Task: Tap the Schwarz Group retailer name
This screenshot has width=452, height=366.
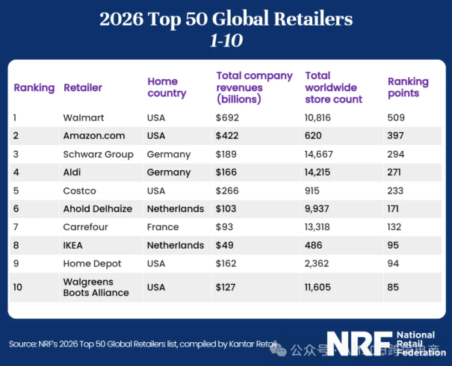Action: click(x=98, y=154)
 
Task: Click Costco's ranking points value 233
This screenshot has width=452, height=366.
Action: click(x=397, y=190)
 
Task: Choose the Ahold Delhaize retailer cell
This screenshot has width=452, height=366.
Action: click(x=97, y=208)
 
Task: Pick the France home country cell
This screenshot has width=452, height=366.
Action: click(x=163, y=227)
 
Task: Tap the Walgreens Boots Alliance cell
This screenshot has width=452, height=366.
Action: click(x=96, y=287)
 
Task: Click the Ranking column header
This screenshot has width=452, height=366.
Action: click(x=34, y=87)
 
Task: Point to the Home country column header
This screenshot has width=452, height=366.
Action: click(x=167, y=87)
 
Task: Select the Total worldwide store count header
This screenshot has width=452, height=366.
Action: click(x=333, y=87)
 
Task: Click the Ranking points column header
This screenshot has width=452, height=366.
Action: click(x=408, y=87)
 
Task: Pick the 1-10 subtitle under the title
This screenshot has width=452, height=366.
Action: click(x=226, y=40)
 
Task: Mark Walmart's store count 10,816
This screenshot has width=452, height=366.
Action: click(x=323, y=117)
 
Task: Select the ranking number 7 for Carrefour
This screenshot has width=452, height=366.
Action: click(x=16, y=227)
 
